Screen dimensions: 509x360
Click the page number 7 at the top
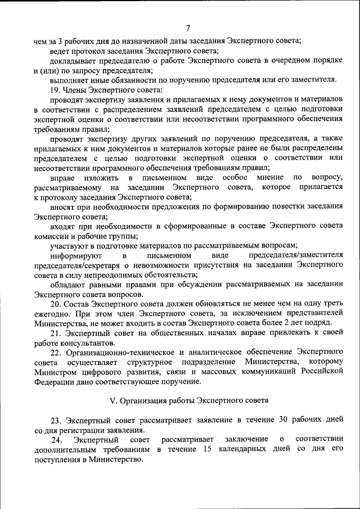pos(188,29)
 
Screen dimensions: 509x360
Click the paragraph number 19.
pos(55,89)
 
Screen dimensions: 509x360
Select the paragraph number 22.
pos(55,353)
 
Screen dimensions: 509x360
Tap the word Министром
pos(53,372)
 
